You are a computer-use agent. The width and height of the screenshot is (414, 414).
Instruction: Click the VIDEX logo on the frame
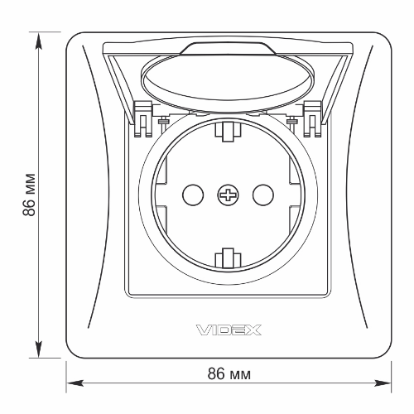pos(229,330)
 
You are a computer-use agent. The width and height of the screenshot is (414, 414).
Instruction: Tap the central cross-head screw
pos(228,195)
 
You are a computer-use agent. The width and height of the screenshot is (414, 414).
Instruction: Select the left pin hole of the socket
pos(193,195)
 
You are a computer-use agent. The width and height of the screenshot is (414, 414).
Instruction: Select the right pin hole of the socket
pos(263,195)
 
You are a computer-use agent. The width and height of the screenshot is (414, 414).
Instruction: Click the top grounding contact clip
pos(228,132)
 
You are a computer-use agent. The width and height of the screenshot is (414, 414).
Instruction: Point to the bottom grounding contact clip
pos(228,258)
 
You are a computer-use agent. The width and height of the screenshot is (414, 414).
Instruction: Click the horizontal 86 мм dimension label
pos(229,374)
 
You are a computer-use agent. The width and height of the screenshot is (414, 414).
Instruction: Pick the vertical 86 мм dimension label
pos(29,195)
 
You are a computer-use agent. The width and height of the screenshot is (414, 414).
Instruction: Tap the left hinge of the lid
pos(143,119)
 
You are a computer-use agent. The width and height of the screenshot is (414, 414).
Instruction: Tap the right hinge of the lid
pos(312,119)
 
